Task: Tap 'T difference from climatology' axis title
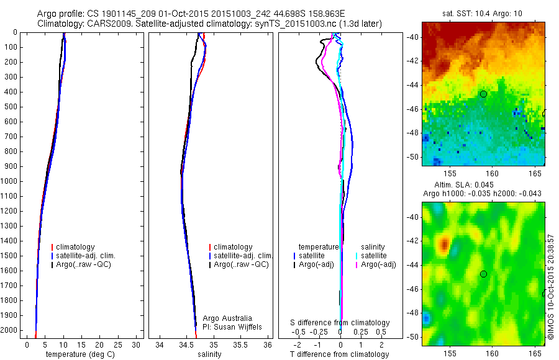[x=339, y=355]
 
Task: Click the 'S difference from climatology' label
[x=340, y=323]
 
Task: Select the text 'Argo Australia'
[x=227, y=318]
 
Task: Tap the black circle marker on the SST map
[x=483, y=94]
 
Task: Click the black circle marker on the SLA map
[x=483, y=274]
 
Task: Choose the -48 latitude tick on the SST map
[x=412, y=133]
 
